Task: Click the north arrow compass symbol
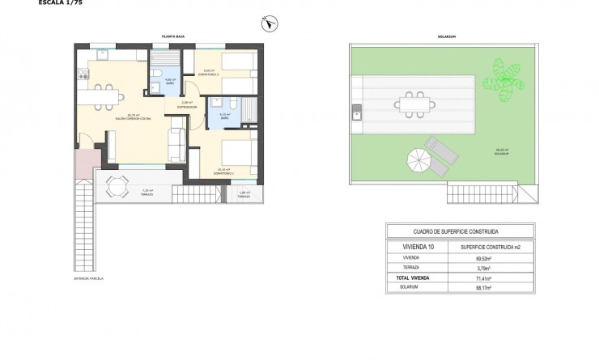point(265,25)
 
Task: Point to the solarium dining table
point(414,104)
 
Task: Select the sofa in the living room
point(176,144)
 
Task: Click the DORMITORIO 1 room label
point(223,173)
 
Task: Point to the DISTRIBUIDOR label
point(188,106)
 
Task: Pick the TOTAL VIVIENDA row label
point(415,277)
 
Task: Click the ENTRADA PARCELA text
point(88,278)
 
